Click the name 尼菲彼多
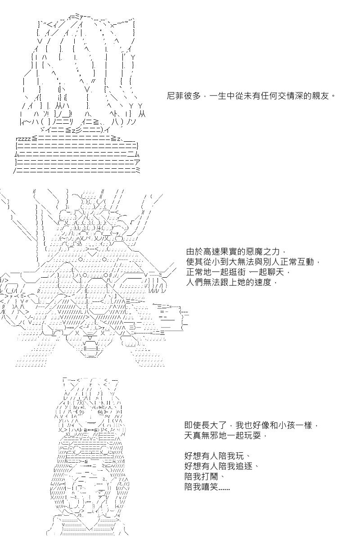[x=184, y=96]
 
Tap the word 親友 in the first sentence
[x=321, y=96]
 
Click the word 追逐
[x=244, y=465]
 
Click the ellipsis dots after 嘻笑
[x=224, y=488]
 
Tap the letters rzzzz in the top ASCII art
[x=23, y=139]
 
